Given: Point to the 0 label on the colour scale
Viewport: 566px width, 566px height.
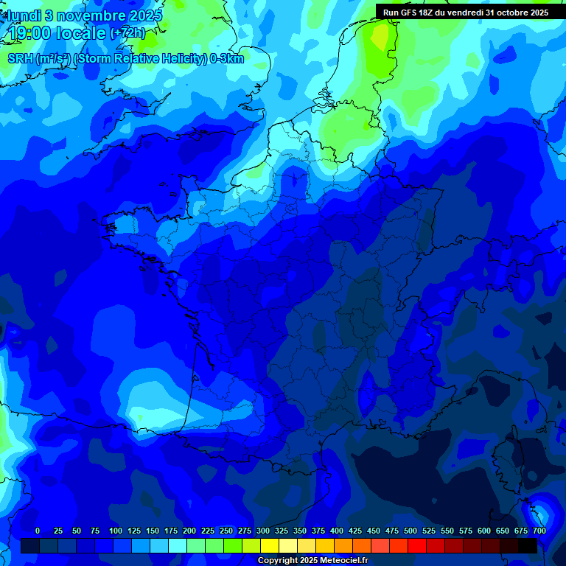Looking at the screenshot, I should tap(38, 531).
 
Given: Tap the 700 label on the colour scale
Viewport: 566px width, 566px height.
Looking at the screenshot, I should tap(539, 531).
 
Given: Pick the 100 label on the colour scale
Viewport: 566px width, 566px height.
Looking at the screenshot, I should tap(116, 531).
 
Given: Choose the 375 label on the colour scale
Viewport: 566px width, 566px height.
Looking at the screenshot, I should tap(318, 531).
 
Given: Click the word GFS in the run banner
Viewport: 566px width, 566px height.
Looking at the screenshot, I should tap(410, 13).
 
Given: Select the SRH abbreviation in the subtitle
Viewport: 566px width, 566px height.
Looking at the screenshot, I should tap(21, 59).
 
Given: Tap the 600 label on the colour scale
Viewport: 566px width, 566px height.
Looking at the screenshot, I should tap(484, 531).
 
